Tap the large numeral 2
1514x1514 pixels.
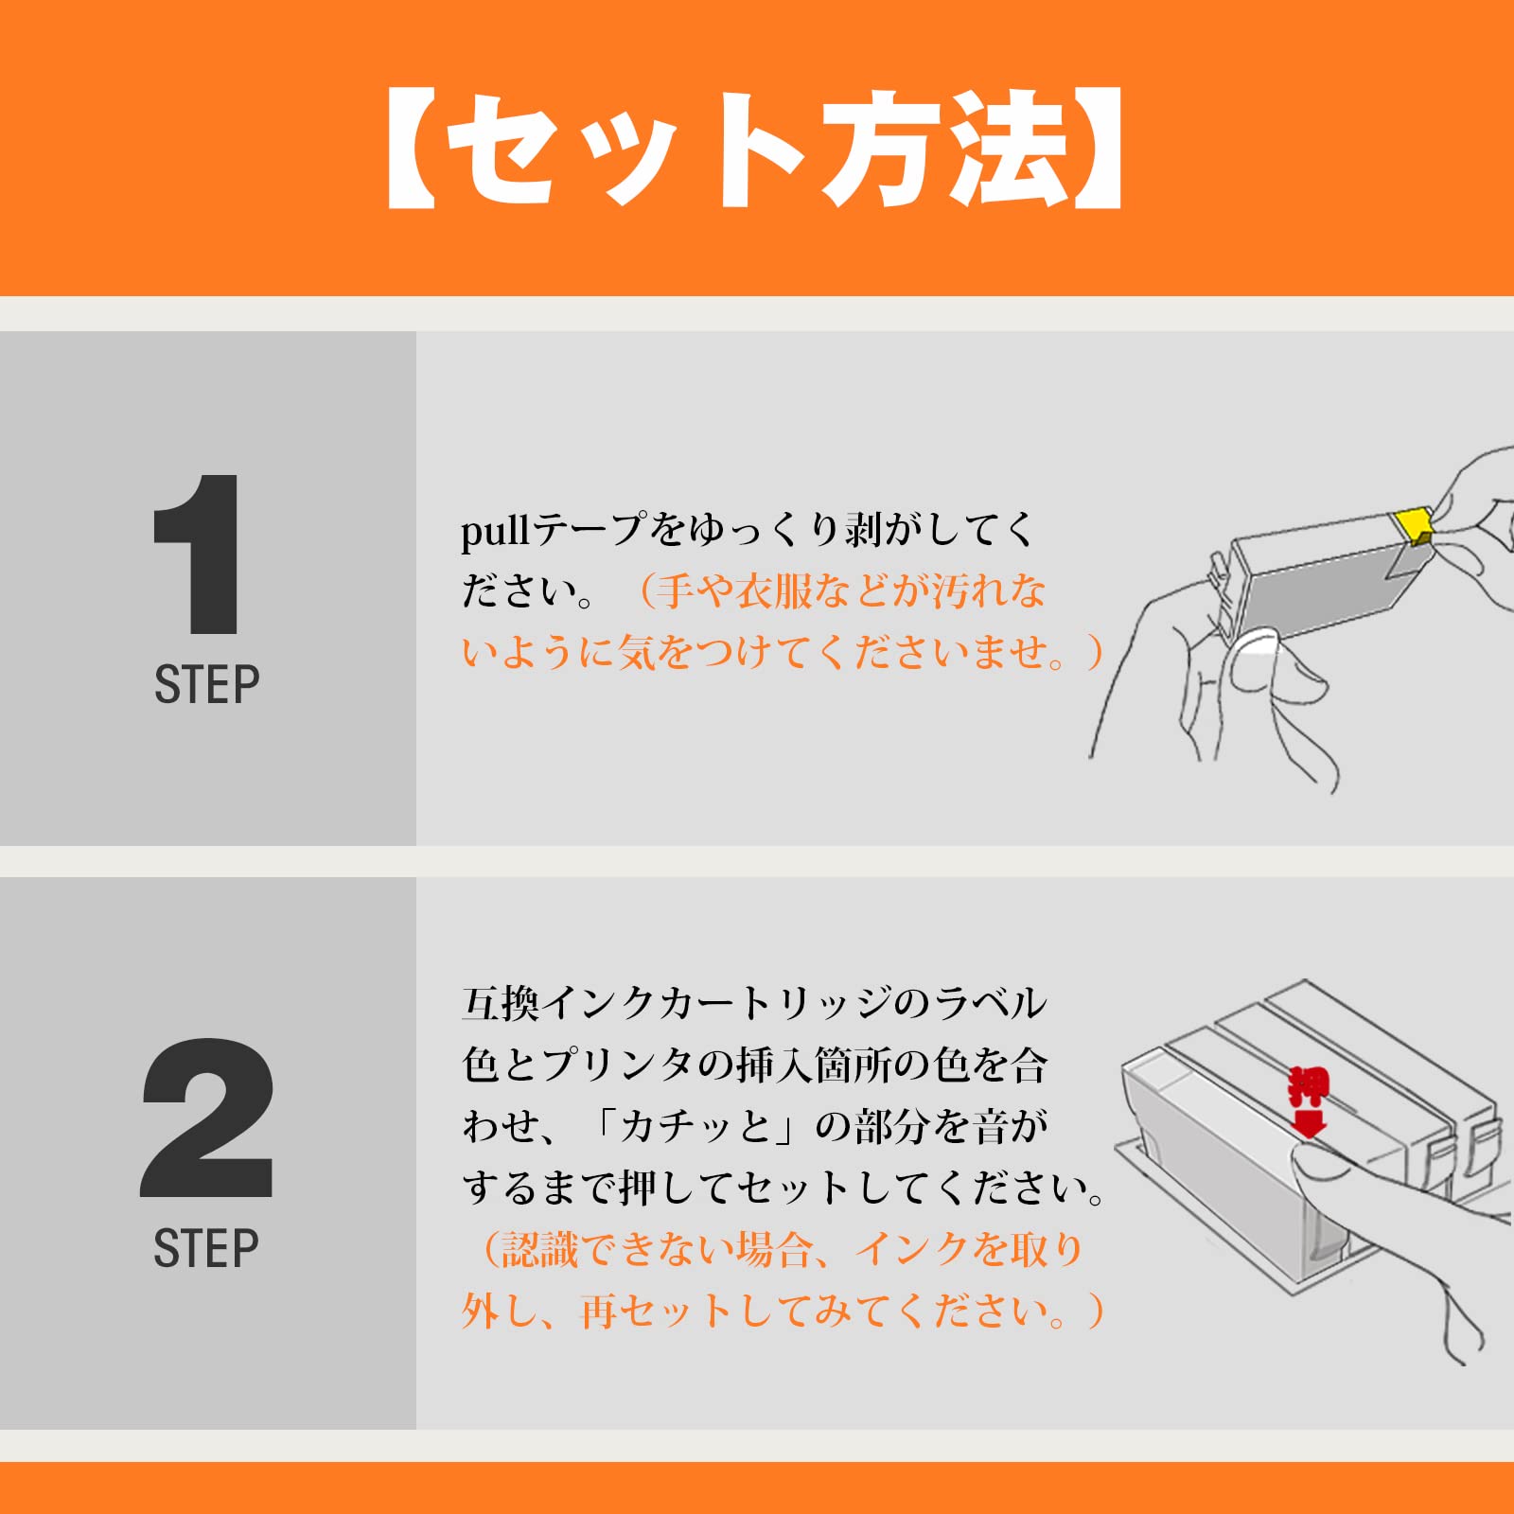coord(208,1118)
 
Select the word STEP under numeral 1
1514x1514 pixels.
coord(206,684)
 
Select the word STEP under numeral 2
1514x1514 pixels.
coord(206,1248)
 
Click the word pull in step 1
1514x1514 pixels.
coord(495,531)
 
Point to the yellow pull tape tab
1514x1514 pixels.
coord(1413,524)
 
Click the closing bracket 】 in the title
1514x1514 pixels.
coord(1098,150)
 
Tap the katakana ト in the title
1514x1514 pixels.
coord(757,150)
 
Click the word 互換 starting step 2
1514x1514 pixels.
coord(502,1003)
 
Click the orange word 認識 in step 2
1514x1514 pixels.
coord(539,1250)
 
